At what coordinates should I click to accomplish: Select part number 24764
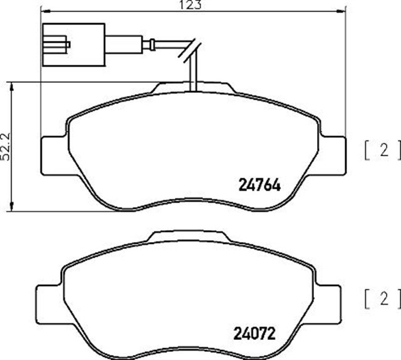pyautogui.click(x=259, y=185)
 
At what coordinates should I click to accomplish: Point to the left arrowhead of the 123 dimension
pyautogui.click(x=43, y=11)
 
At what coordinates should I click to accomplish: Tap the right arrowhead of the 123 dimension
pyautogui.click(x=342, y=11)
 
